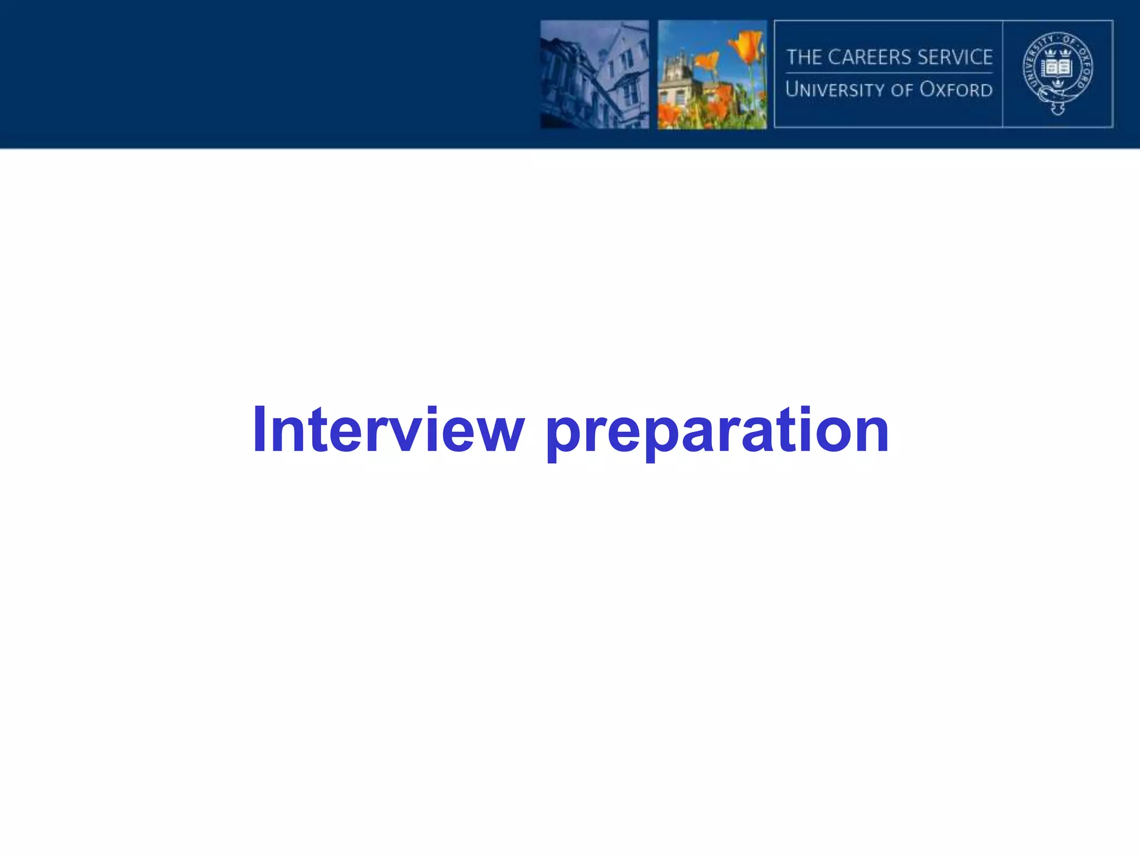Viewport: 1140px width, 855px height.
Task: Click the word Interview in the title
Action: click(388, 430)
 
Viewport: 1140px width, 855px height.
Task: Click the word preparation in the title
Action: click(717, 431)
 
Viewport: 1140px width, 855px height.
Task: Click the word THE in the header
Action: click(804, 57)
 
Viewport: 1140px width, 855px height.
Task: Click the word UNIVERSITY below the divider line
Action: click(834, 90)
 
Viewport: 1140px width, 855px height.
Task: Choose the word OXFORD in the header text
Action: click(956, 90)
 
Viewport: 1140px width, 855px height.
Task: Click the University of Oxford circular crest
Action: click(1058, 73)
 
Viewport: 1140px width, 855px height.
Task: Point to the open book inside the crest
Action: click(1057, 68)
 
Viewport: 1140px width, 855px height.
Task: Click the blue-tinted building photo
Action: click(594, 75)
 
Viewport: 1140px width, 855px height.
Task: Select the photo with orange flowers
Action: click(712, 75)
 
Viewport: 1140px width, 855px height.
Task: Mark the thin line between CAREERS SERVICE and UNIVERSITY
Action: click(889, 73)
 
